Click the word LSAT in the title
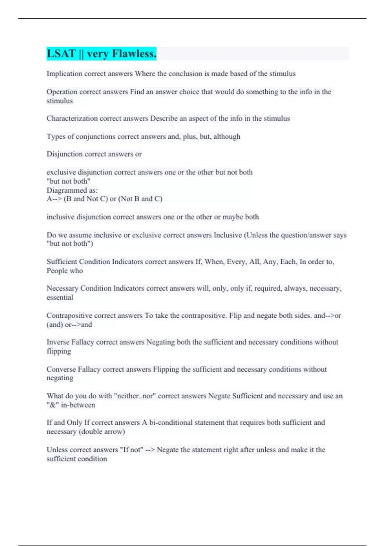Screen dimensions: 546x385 [61, 54]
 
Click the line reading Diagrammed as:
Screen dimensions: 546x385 [72, 190]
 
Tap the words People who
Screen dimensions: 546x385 [65, 271]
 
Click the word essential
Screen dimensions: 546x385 [60, 297]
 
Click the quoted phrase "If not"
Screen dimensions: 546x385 [132, 450]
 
